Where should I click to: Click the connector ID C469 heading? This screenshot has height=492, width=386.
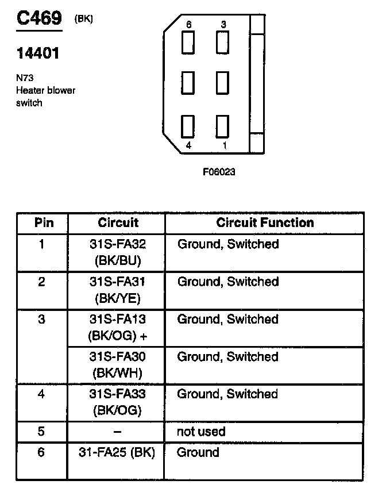point(38,18)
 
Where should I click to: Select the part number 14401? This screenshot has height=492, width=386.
point(37,55)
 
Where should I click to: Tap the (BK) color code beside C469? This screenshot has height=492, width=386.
point(83,18)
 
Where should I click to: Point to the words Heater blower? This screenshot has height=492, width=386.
point(45,90)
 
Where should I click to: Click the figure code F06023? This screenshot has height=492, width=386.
point(219,171)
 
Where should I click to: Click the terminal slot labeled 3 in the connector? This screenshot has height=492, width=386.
point(222,42)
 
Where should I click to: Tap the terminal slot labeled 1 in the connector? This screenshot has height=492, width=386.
point(222,126)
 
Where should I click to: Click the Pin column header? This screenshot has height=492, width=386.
point(42,222)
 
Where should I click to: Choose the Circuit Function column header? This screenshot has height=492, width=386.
point(265,222)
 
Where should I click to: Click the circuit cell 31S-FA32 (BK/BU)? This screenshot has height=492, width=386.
point(117,252)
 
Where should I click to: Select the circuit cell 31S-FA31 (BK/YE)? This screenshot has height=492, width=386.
point(117,290)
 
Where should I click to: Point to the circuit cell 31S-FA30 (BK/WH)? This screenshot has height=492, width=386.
point(117,364)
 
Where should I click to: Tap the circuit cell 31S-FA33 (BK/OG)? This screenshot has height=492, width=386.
point(117,402)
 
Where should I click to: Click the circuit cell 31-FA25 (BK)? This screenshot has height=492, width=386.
point(117,452)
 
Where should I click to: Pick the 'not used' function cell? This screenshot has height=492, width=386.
point(201,432)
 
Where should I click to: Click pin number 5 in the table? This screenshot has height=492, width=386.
point(41,432)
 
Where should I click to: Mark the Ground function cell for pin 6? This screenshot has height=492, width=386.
point(198,452)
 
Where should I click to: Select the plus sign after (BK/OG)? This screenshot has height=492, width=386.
point(144,335)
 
